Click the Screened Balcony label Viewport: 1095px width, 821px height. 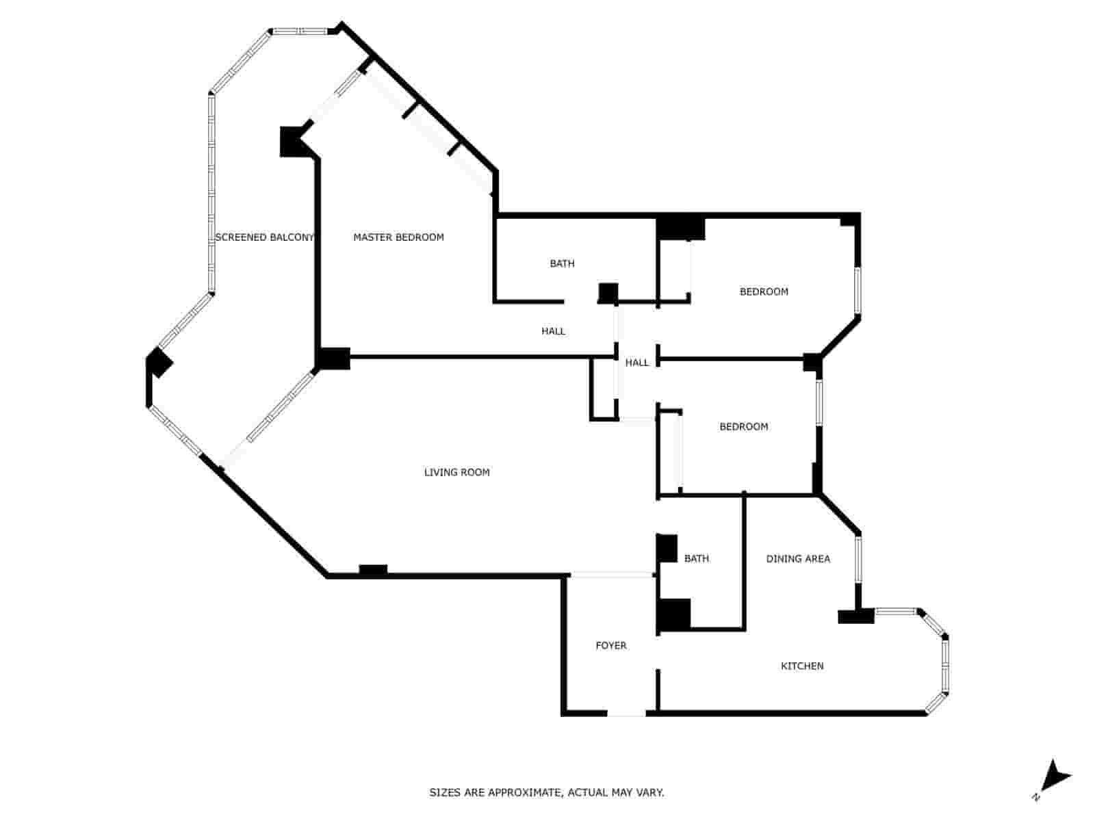tap(264, 237)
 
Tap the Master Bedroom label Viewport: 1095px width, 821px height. tap(398, 237)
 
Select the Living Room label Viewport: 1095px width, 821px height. tap(456, 472)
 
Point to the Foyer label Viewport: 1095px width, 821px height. tap(610, 645)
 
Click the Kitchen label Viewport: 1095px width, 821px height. tap(802, 666)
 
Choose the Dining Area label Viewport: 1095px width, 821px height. tap(797, 559)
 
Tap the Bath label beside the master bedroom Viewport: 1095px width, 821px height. tap(562, 263)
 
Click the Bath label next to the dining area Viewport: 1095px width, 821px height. tap(696, 559)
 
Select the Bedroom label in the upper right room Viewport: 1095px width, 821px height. tap(764, 291)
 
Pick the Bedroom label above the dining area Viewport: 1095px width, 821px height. tap(743, 427)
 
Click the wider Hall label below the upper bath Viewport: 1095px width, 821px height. tap(553, 331)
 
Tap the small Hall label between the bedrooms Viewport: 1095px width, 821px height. tap(636, 363)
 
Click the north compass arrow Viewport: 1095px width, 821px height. tap(1055, 777)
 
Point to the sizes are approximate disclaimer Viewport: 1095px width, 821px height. tap(547, 793)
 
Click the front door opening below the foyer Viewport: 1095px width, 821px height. tap(626, 714)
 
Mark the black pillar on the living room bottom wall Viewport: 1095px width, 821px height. tap(373, 570)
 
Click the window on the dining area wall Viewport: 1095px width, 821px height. tap(858, 559)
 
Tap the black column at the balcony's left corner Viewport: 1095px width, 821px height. tap(159, 362)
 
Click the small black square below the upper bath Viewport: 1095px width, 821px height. tap(608, 293)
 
